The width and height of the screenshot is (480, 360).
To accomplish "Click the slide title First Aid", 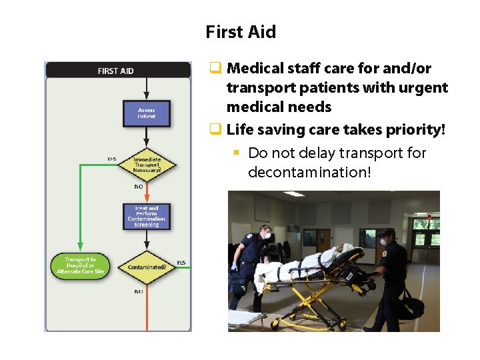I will pyautogui.click(x=240, y=32).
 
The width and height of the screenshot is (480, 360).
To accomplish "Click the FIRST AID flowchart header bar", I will pyautogui.click(x=117, y=71).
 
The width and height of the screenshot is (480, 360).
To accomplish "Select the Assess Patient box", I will pyautogui.click(x=147, y=113).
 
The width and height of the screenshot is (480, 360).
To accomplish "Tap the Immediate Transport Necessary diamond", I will pyautogui.click(x=147, y=164).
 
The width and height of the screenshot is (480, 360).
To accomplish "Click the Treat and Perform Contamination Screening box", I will pyautogui.click(x=147, y=217).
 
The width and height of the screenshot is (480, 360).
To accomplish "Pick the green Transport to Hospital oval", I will pyautogui.click(x=81, y=265).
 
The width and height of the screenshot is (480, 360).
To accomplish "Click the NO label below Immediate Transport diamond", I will pyautogui.click(x=139, y=187).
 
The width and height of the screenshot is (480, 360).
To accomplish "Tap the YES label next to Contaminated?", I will pyautogui.click(x=181, y=261).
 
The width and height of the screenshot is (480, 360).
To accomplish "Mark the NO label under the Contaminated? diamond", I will pyautogui.click(x=139, y=292).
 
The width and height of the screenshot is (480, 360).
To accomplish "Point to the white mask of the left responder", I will pyautogui.click(x=267, y=235).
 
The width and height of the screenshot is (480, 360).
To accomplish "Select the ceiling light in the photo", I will pyautogui.click(x=293, y=194).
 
